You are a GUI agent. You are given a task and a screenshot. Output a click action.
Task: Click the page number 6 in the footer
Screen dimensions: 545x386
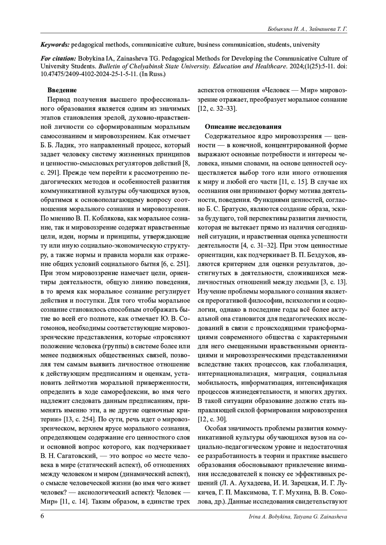point(42,516)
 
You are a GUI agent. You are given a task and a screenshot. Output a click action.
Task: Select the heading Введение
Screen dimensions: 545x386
point(62,90)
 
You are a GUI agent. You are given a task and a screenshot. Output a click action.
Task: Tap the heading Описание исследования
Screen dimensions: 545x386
point(243,127)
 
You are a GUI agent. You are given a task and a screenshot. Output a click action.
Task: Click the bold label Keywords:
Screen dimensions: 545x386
point(55,45)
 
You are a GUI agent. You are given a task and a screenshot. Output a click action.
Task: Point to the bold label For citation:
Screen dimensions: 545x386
point(58,59)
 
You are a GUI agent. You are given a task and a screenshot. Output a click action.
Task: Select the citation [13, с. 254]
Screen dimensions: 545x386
point(79,419)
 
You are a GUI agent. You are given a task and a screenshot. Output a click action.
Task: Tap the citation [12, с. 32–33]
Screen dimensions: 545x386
point(217,109)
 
